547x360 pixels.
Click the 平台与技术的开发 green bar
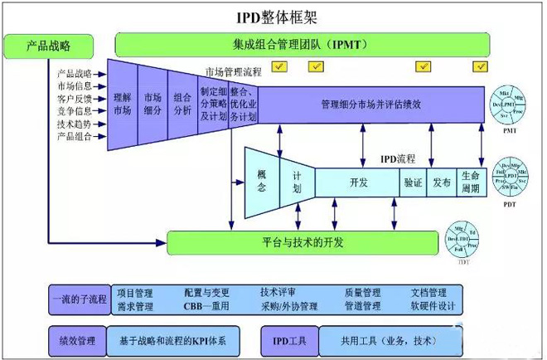pos(302,242)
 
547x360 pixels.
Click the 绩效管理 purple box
pos(77,340)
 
